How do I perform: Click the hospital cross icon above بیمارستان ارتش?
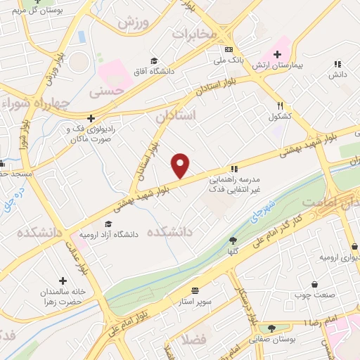(x=278, y=54)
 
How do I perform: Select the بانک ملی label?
(x=229, y=60)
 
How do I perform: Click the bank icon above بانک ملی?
(x=229, y=50)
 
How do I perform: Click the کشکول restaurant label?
(x=279, y=116)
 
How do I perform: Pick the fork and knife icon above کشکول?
(x=280, y=105)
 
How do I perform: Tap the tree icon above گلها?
(x=233, y=240)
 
